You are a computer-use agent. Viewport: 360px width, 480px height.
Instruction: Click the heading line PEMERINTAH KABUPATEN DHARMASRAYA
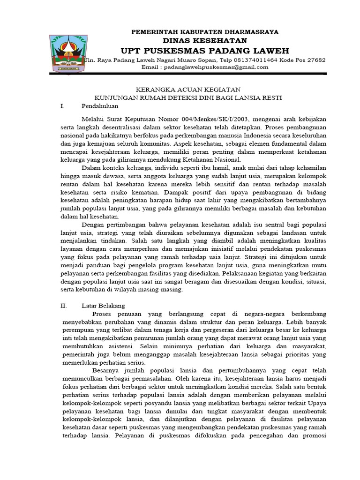pos(205,32)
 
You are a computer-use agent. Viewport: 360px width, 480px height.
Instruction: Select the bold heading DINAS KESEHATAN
pos(205,41)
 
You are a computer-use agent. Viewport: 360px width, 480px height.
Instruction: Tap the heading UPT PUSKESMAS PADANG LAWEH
pos(205,51)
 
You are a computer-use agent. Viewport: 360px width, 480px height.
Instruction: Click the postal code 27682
pos(316,60)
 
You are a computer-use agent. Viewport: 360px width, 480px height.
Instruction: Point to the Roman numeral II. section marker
pos(64,305)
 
